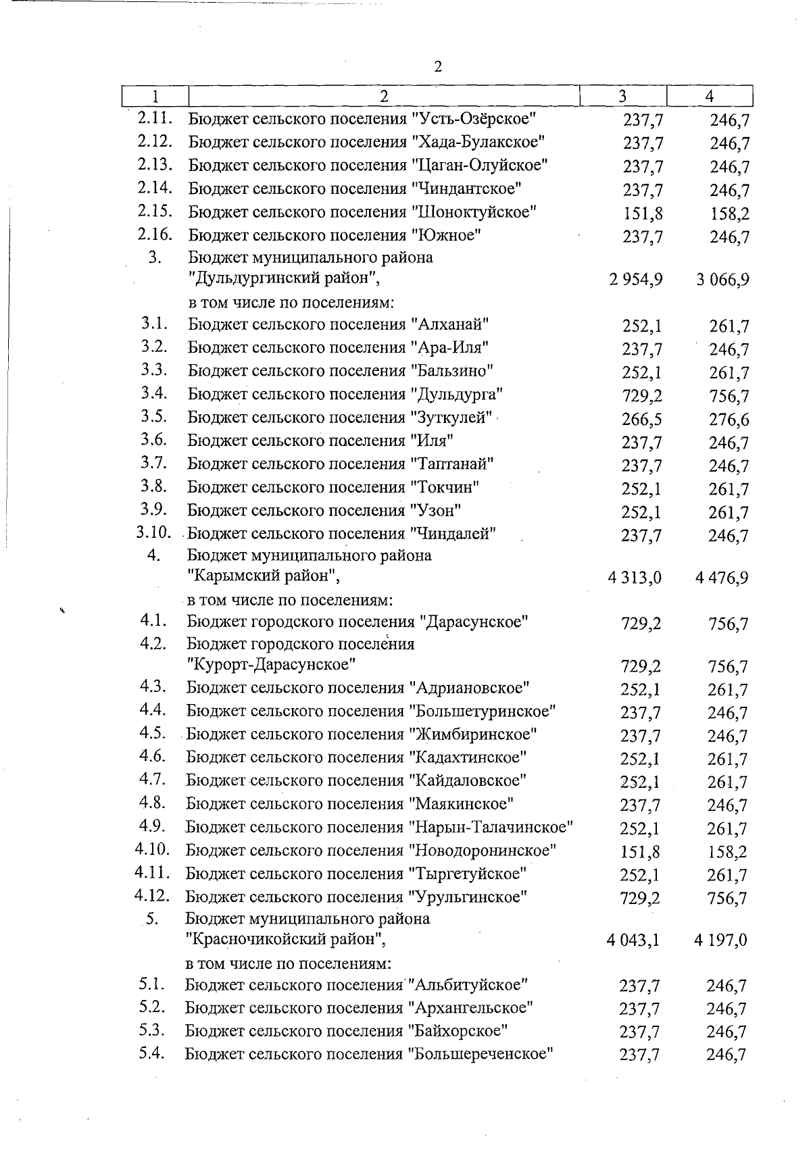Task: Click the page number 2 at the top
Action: click(x=438, y=67)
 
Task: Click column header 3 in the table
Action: click(x=622, y=96)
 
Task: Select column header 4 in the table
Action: click(x=709, y=96)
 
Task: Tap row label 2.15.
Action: click(x=155, y=211)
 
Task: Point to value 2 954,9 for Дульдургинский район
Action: click(x=635, y=280)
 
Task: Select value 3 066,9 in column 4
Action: click(x=722, y=280)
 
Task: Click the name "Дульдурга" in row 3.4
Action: click(x=457, y=394)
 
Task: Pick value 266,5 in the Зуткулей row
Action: click(x=642, y=420)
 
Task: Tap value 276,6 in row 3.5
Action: click(x=729, y=420)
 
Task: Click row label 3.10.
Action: click(x=153, y=532)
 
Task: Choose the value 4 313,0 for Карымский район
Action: click(x=635, y=578)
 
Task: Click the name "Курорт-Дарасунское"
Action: click(x=271, y=665)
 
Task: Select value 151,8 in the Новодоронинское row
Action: click(x=640, y=852)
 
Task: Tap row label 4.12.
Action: click(x=152, y=896)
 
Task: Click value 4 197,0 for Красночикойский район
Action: click(x=720, y=940)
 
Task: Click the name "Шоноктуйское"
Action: click(x=473, y=212)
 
